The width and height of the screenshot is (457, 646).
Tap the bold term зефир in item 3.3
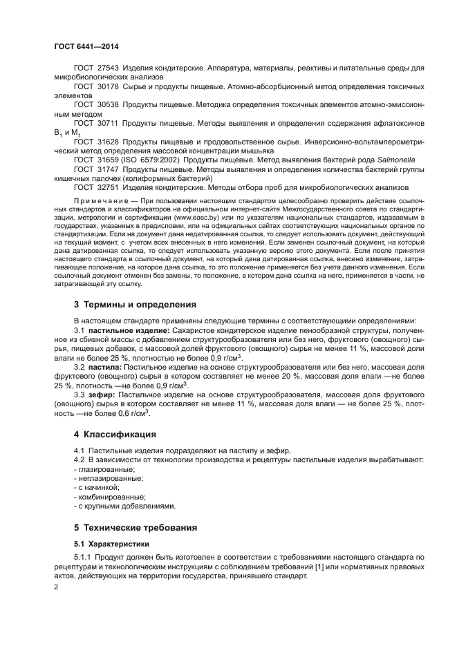coord(104,394)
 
